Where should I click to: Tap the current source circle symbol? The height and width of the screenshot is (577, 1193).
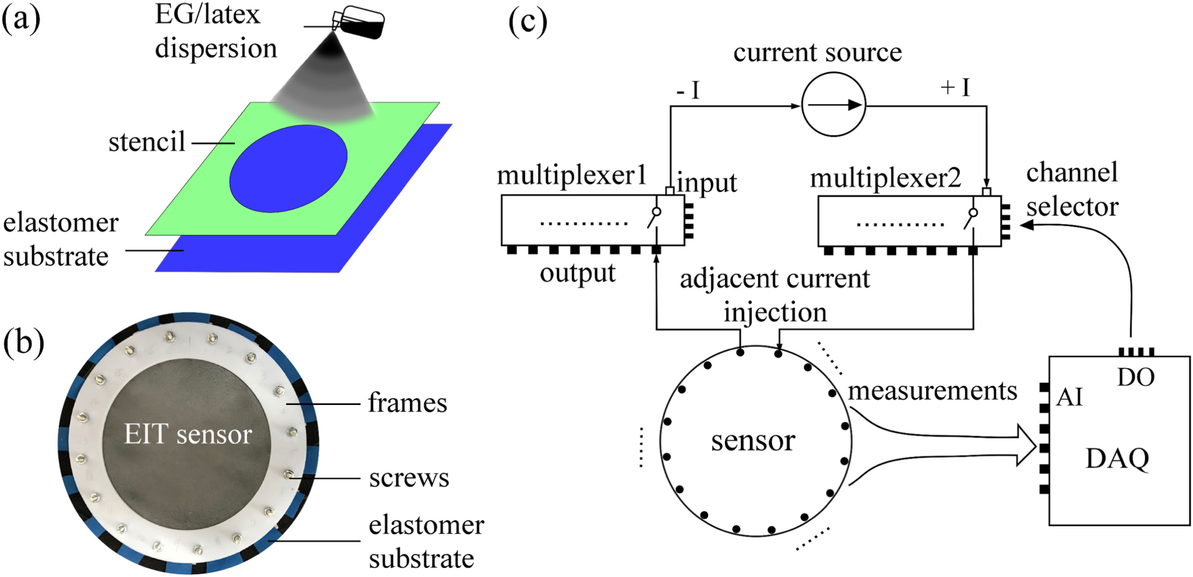point(834,105)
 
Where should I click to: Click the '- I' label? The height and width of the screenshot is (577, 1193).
point(688,91)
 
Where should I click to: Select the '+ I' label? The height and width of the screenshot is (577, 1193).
point(955,87)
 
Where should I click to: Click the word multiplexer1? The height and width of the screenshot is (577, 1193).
point(572,175)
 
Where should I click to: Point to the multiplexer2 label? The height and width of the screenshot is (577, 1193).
point(886,178)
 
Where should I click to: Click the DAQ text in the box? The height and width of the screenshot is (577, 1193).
point(1117,458)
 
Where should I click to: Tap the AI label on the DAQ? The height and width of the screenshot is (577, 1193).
point(1069,397)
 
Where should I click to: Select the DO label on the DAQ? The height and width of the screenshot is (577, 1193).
point(1135,377)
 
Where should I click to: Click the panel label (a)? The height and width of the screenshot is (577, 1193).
point(21,19)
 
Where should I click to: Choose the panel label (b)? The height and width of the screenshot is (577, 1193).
point(24,343)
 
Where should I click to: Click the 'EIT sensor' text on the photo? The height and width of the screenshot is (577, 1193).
point(188,434)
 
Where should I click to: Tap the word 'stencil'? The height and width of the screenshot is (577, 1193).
point(147,142)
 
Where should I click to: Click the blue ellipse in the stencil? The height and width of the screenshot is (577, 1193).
point(288,169)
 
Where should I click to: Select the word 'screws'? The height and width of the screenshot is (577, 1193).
point(409,478)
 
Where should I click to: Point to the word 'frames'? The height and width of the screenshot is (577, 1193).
point(407,403)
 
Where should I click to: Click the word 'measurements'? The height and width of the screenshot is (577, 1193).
point(932,391)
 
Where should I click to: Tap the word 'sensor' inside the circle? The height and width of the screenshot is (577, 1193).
point(753,440)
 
